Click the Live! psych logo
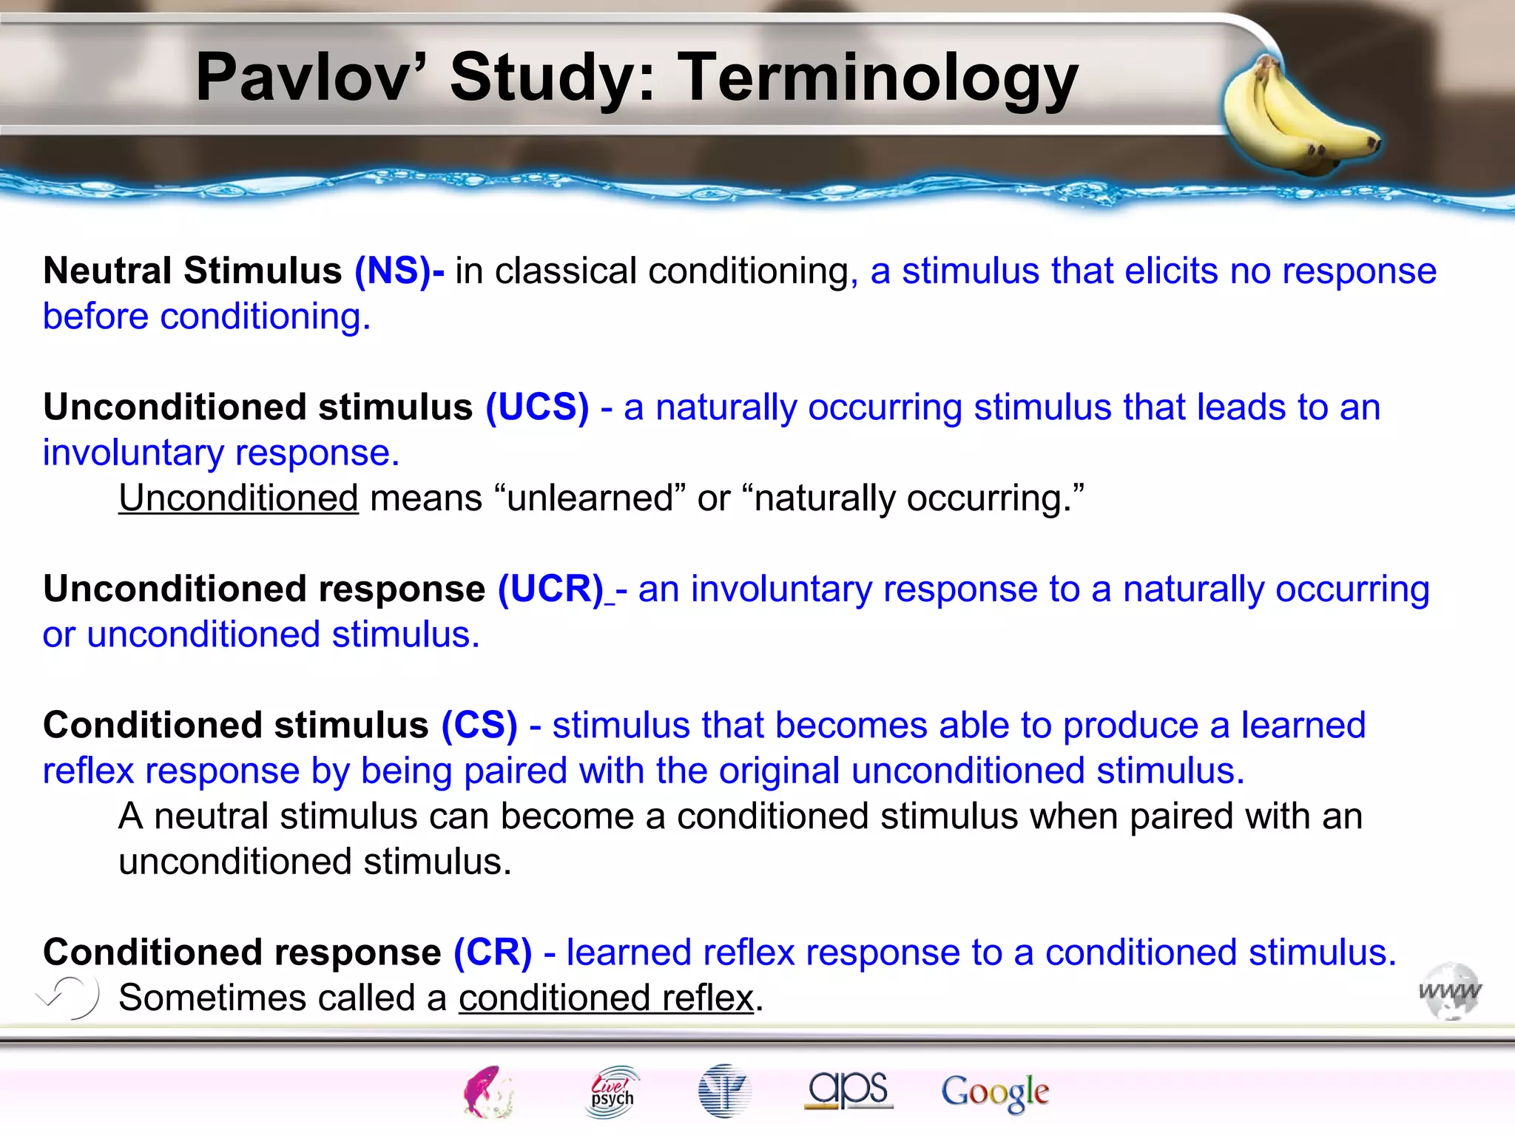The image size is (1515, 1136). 612,1092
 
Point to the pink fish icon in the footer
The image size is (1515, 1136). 488,1092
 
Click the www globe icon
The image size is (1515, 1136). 1450,991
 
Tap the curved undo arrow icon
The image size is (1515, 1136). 70,996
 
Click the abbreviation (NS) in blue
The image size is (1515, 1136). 397,271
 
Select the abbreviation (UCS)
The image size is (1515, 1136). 537,407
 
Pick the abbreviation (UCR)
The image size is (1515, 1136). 551,589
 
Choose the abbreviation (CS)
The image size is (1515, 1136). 479,725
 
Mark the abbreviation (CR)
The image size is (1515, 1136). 493,952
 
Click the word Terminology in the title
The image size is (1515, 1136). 878,78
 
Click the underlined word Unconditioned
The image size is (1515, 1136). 238,498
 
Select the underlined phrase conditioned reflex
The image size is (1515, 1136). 606,998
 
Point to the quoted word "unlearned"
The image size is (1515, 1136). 589,498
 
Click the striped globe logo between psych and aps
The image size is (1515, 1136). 723,1091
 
